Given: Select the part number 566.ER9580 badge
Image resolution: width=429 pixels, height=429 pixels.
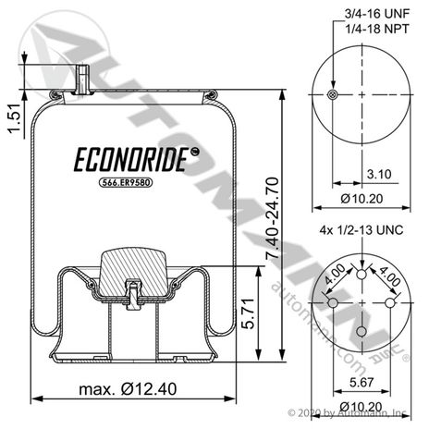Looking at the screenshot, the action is (x=126, y=183).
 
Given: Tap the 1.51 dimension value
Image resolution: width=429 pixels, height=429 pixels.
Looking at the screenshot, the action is (x=15, y=118).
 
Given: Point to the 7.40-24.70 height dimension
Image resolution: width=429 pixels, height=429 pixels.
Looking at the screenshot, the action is (x=272, y=218).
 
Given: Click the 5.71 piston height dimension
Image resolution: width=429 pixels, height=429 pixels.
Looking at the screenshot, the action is (x=248, y=313).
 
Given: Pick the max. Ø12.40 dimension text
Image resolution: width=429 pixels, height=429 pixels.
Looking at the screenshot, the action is (x=128, y=389).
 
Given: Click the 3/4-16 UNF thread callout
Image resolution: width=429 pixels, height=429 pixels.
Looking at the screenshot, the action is (x=377, y=14).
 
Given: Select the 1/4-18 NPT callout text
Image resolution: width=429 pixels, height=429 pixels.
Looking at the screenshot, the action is (x=377, y=29).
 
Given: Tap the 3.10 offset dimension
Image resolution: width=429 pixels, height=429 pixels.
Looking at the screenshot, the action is (x=379, y=174).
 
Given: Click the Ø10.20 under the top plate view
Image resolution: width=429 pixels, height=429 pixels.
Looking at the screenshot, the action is (x=362, y=199).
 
